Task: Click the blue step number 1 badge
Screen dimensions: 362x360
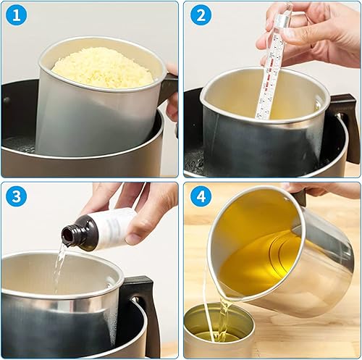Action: [x=17, y=16]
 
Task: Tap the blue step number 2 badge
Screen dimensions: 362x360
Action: [x=201, y=16]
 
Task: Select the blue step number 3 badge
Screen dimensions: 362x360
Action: [x=17, y=196]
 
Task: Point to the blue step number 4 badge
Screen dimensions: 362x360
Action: [x=201, y=196]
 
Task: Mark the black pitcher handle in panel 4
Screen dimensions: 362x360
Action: [x=299, y=197]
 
